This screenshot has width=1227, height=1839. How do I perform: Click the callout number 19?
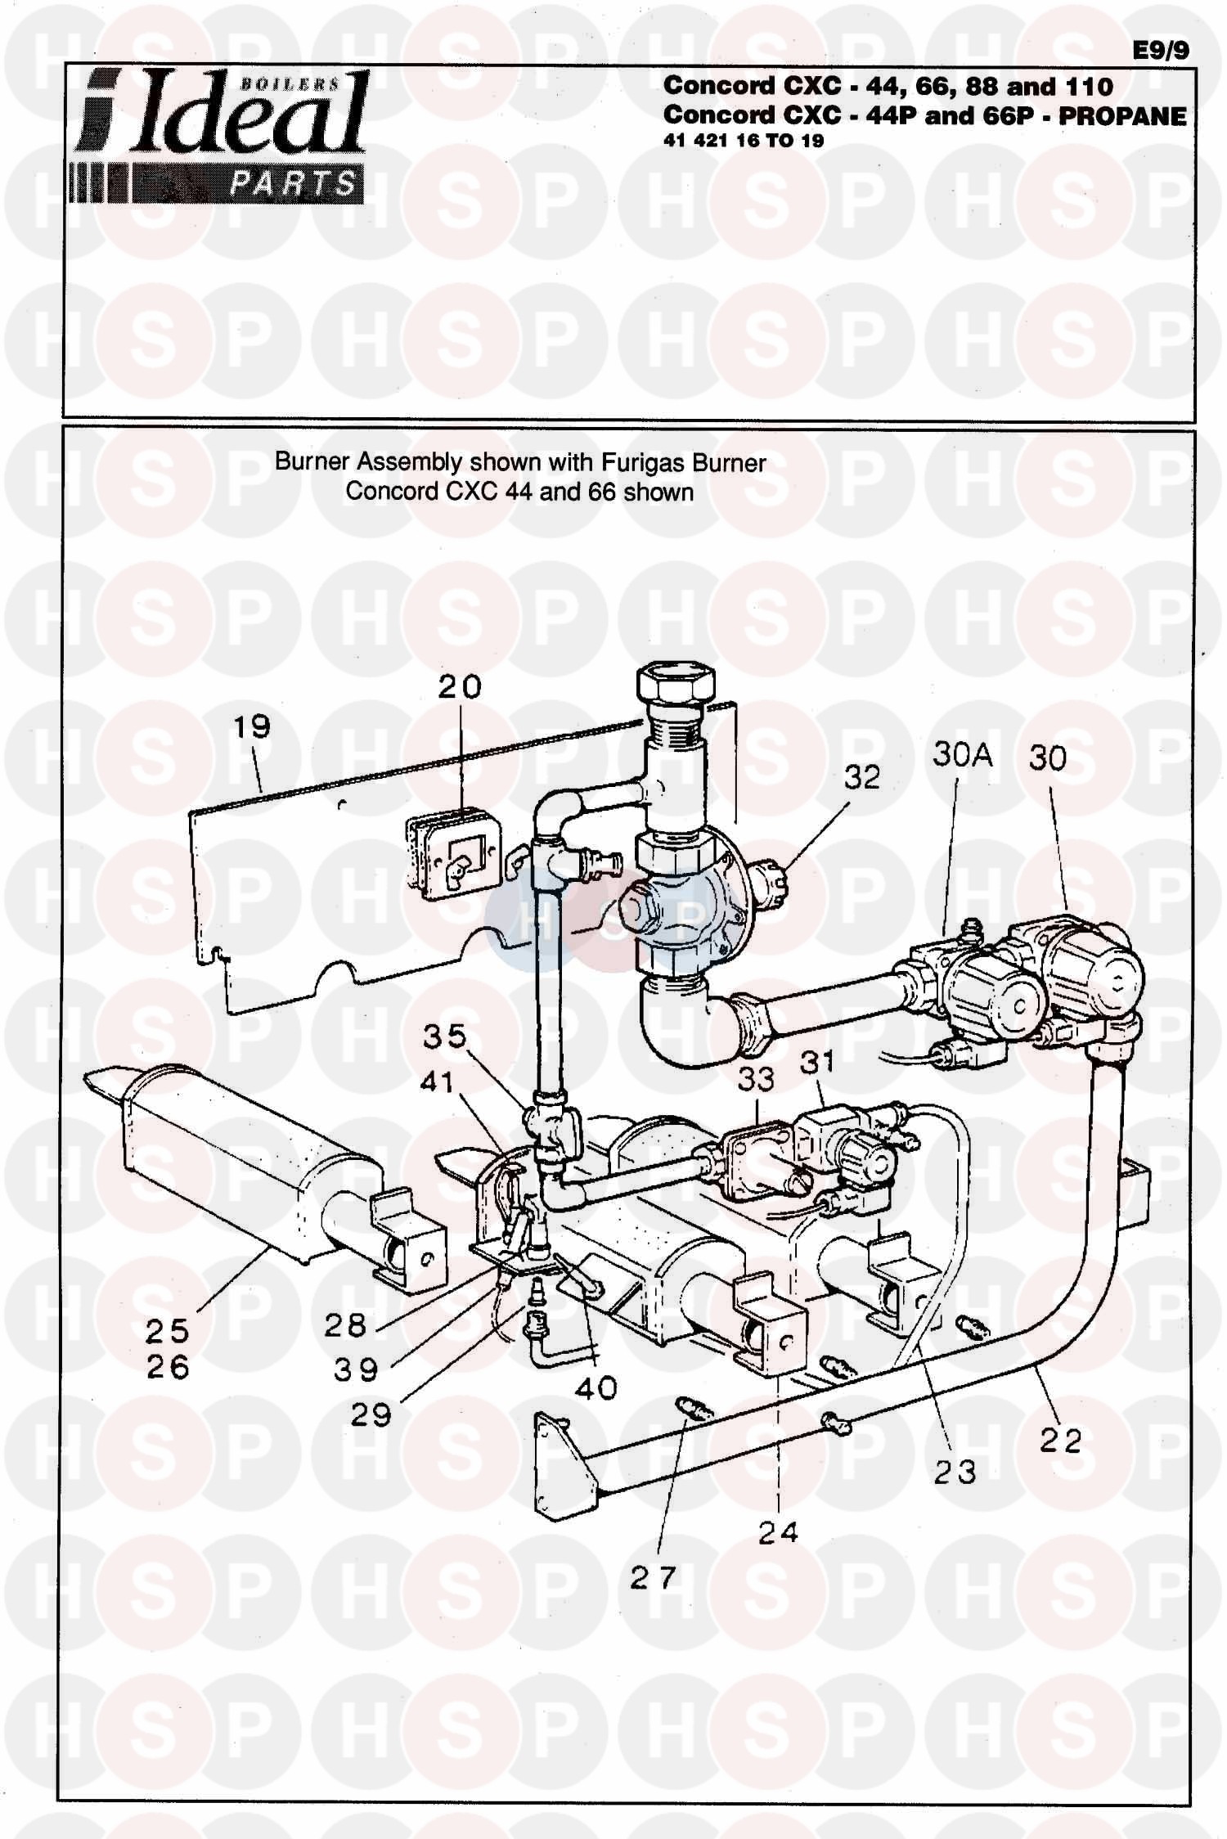coord(251,726)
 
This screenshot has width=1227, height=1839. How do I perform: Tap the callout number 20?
coord(460,686)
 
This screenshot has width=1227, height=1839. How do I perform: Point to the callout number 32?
coord(862,776)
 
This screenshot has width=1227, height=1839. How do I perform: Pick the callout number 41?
coord(436,1081)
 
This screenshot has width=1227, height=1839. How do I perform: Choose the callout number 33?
coord(755,1079)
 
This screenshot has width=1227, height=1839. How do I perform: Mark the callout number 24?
coord(777,1532)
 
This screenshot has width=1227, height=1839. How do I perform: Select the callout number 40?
coord(596,1387)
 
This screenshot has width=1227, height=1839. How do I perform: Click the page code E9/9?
coord(1161,51)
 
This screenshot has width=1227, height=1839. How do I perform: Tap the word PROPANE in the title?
coord(1122,116)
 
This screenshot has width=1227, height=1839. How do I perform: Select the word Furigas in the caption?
coord(644,463)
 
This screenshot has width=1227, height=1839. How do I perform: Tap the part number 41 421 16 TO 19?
coord(743,141)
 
